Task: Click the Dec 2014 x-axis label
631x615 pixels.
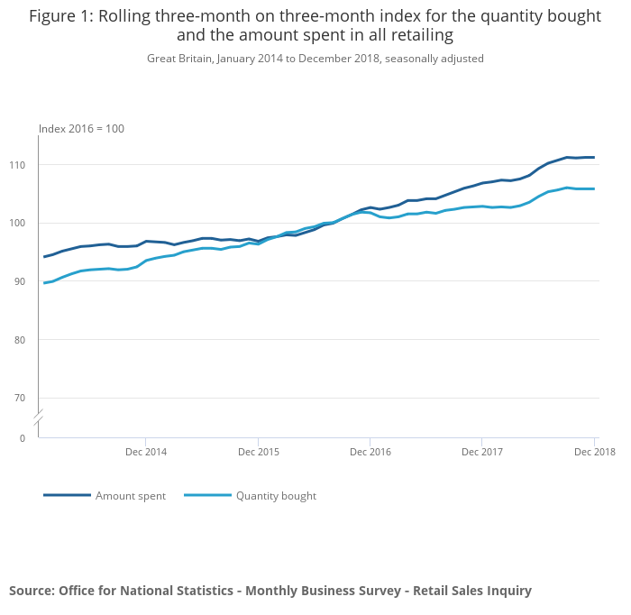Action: click(146, 452)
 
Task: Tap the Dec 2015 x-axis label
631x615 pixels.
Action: click(258, 452)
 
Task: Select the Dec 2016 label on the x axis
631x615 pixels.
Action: click(370, 452)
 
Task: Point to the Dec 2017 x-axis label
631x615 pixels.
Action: click(482, 452)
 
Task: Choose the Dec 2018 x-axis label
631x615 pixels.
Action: click(594, 452)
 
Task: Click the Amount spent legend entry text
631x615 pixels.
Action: click(131, 496)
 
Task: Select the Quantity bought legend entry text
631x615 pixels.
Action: click(276, 496)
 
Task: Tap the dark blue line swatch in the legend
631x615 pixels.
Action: click(67, 495)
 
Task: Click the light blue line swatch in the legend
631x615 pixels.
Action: click(207, 495)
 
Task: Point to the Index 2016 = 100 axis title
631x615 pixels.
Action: click(81, 129)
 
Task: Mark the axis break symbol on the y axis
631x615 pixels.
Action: click(39, 418)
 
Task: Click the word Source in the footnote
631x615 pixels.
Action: click(32, 591)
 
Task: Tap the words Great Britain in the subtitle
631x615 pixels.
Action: click(178, 59)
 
